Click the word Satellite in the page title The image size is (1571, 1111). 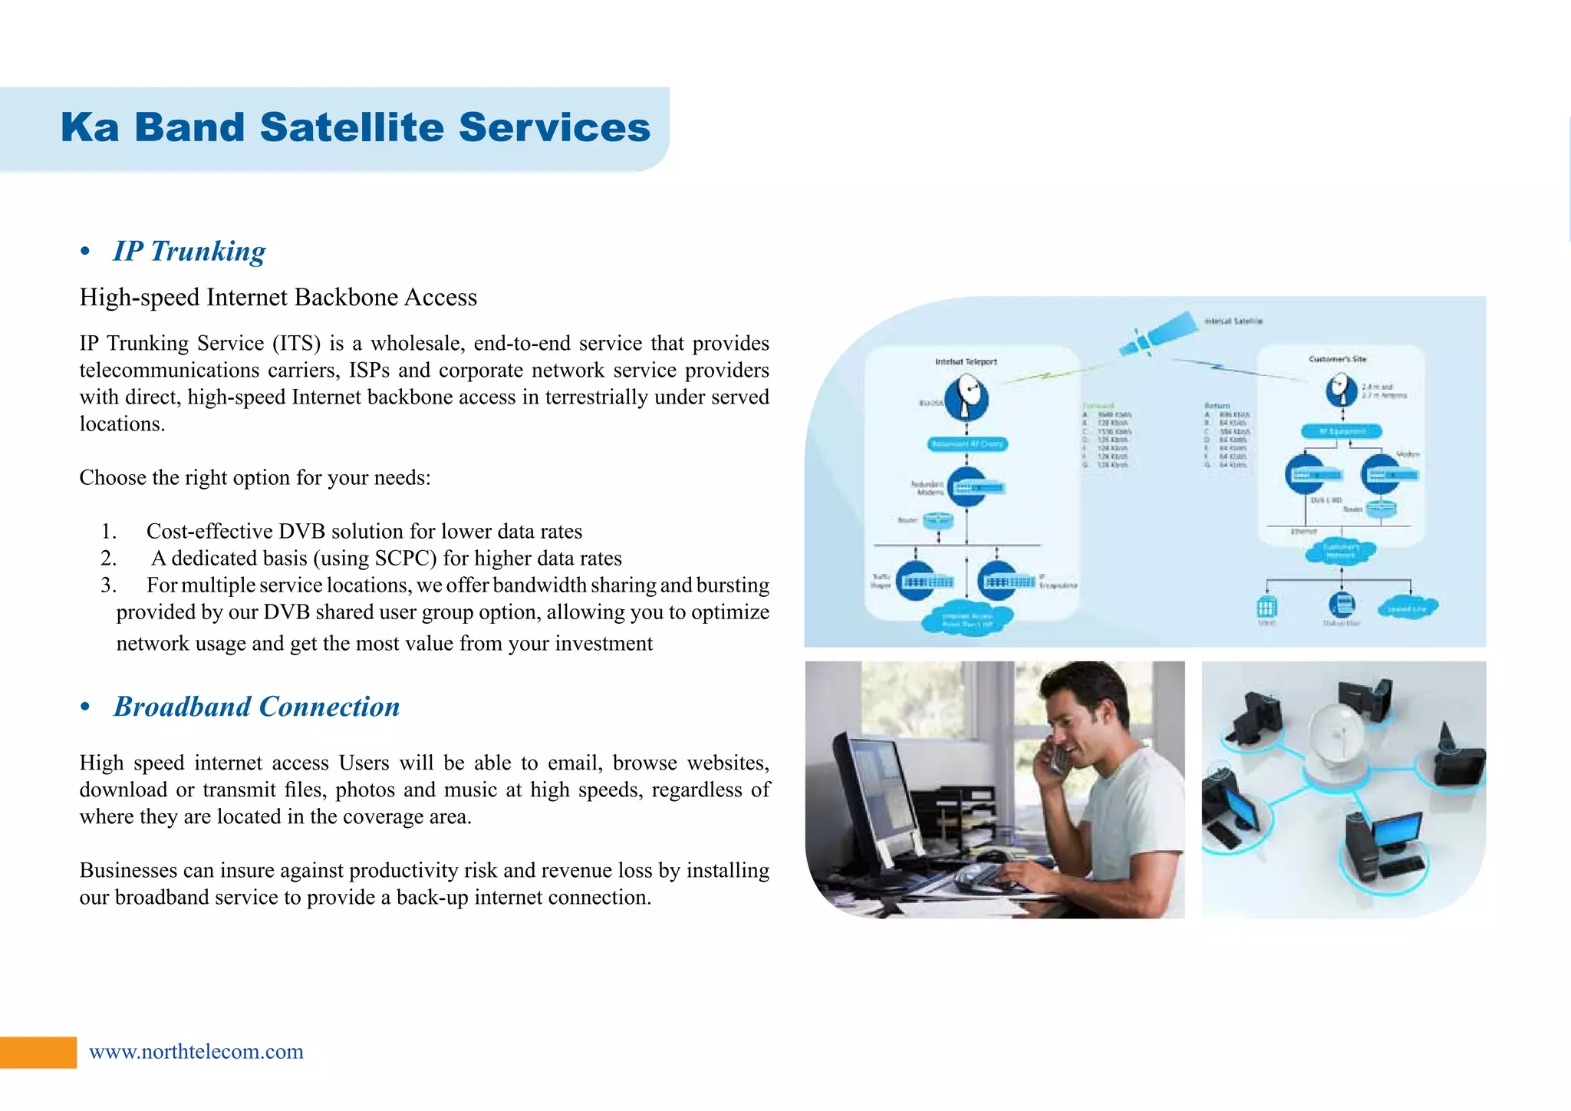point(351,127)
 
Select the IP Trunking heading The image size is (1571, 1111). point(189,252)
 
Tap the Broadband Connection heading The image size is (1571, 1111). point(256,707)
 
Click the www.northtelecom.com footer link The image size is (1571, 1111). point(196,1051)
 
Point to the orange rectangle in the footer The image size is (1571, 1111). point(38,1052)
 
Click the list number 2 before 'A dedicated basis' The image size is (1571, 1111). point(108,559)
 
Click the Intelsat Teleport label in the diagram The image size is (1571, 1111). point(966,361)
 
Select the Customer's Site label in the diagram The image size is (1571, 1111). point(1337,359)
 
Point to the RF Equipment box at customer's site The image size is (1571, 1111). point(1342,431)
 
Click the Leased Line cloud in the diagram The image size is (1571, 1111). point(1407,608)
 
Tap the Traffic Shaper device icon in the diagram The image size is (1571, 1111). point(917,582)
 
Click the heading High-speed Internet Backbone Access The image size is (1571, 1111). point(278,298)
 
